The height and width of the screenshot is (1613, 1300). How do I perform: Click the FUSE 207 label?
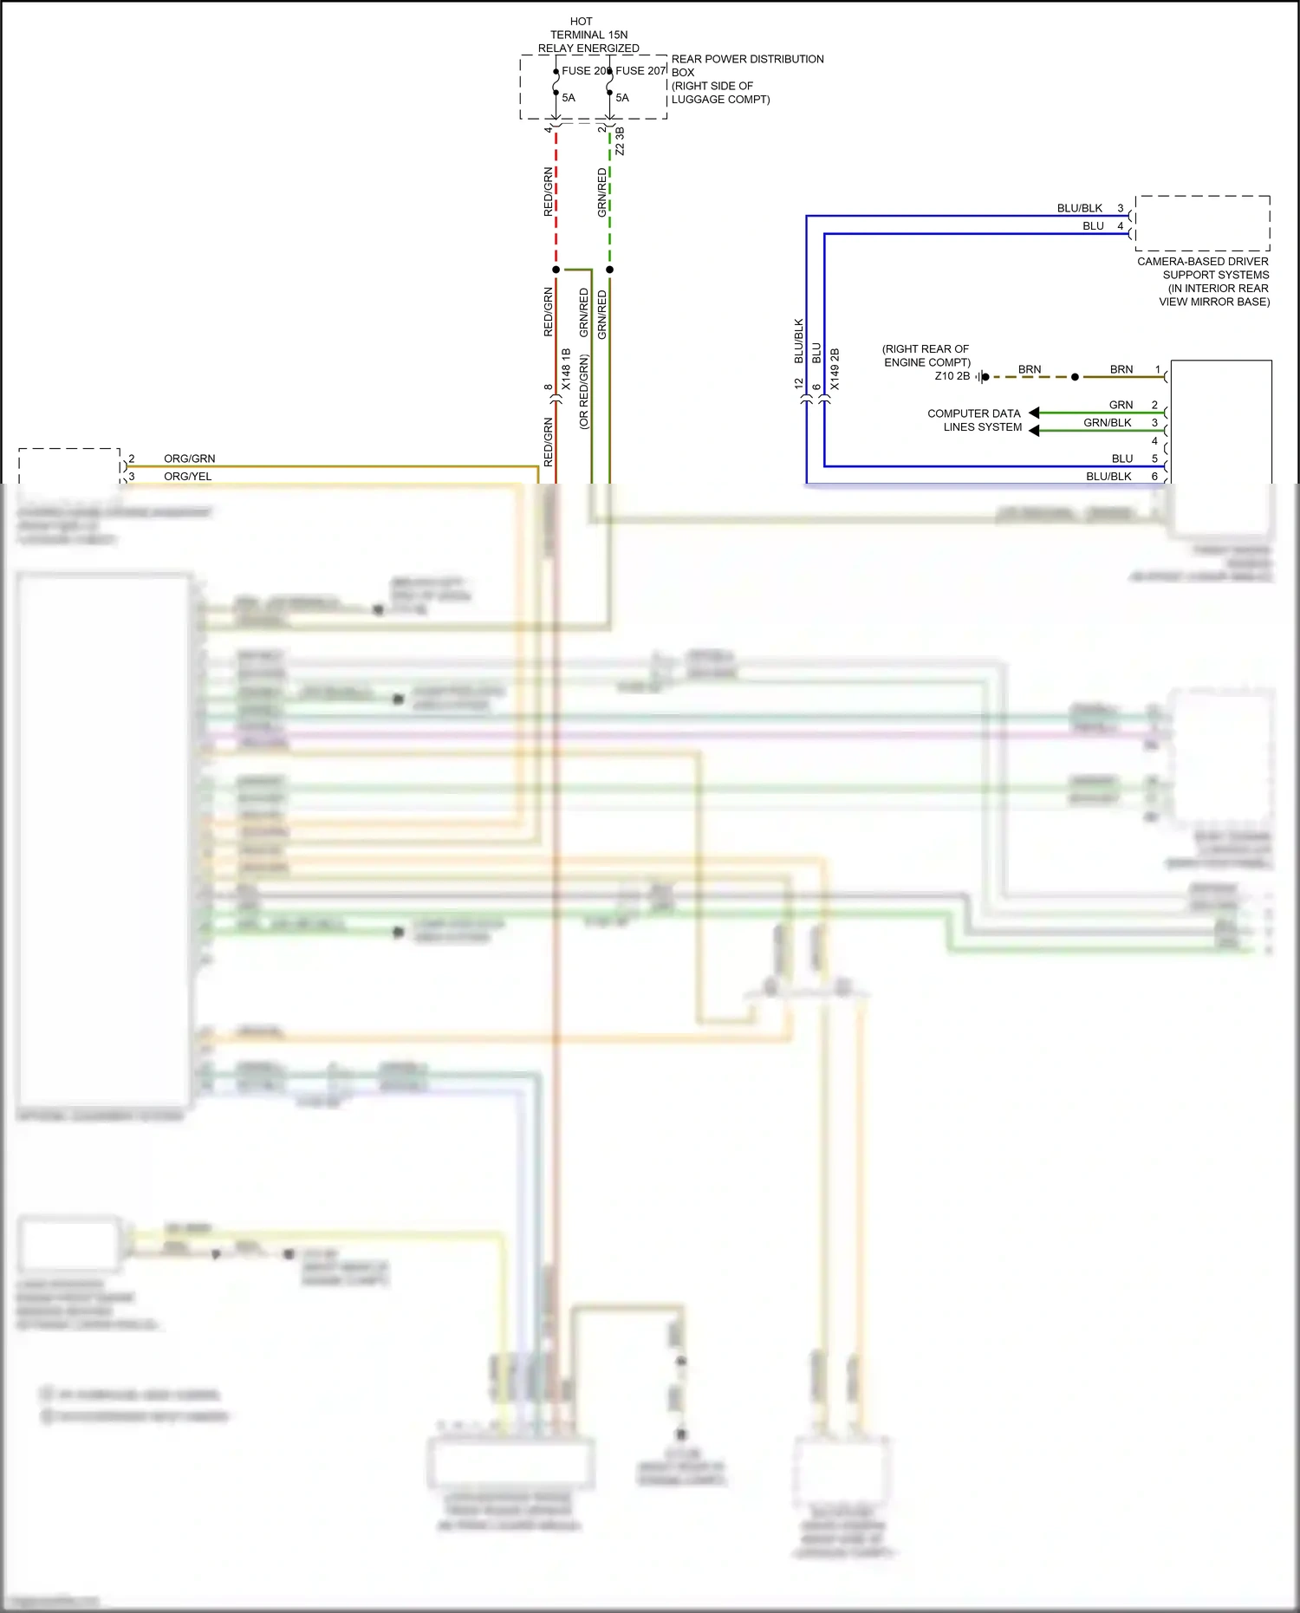[x=640, y=71]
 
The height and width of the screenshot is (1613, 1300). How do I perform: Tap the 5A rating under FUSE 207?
[x=622, y=98]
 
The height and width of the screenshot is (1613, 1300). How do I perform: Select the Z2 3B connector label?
[x=620, y=142]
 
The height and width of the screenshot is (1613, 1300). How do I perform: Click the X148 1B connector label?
[x=566, y=369]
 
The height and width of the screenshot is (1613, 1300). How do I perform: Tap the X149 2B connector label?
[x=835, y=369]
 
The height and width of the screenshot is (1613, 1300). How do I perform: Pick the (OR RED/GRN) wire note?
[x=583, y=392]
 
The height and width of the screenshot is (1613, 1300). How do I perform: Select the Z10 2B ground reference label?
[x=952, y=376]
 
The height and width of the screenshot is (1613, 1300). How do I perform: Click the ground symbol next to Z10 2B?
[x=980, y=377]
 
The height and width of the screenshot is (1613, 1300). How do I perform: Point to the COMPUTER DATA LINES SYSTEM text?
[x=974, y=420]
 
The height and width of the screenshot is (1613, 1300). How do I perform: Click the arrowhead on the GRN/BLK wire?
[x=1034, y=431]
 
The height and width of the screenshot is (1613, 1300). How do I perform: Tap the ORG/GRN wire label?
[x=189, y=459]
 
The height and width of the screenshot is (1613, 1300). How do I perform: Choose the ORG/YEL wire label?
[x=187, y=477]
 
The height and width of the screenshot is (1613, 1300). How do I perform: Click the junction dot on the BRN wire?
[x=1075, y=377]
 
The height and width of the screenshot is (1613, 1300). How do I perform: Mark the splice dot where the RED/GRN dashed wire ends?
[x=556, y=270]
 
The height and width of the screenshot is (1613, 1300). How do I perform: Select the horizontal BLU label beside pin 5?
[x=1121, y=459]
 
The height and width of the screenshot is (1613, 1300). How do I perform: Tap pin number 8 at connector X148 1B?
[x=548, y=387]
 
